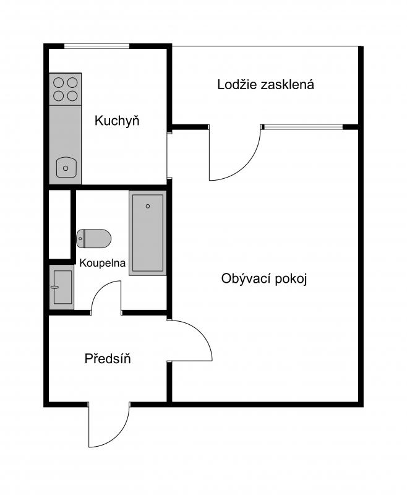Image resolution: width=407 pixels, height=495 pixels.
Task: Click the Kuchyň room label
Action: (x=117, y=121)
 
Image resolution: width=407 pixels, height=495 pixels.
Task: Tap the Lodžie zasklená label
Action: (x=265, y=85)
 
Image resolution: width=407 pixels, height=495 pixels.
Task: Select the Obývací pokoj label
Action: (x=264, y=279)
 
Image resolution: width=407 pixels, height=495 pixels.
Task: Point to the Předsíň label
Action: (x=108, y=359)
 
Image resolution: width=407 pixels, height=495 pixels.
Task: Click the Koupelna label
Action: (x=102, y=263)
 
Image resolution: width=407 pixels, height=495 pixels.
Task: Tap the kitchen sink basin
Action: (x=66, y=168)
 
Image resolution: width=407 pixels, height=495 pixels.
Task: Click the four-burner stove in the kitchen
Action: (x=66, y=89)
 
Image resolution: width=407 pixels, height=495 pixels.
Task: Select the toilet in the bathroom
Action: (x=93, y=238)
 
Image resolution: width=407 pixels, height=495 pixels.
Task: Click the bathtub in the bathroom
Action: (x=148, y=233)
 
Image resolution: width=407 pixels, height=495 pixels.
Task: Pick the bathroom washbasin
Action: (x=62, y=287)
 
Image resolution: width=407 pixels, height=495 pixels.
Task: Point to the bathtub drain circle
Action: (x=148, y=206)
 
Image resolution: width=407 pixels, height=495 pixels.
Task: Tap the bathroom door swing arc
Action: (x=100, y=289)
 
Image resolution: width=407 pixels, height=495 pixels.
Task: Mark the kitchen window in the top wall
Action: (x=97, y=46)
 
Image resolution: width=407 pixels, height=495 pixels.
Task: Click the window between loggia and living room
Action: (x=304, y=127)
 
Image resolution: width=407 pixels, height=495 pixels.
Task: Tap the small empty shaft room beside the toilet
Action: (x=59, y=225)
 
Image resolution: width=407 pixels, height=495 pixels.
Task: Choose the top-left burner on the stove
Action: (x=58, y=82)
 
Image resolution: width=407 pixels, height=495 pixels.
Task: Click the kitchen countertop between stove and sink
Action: (x=66, y=131)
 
